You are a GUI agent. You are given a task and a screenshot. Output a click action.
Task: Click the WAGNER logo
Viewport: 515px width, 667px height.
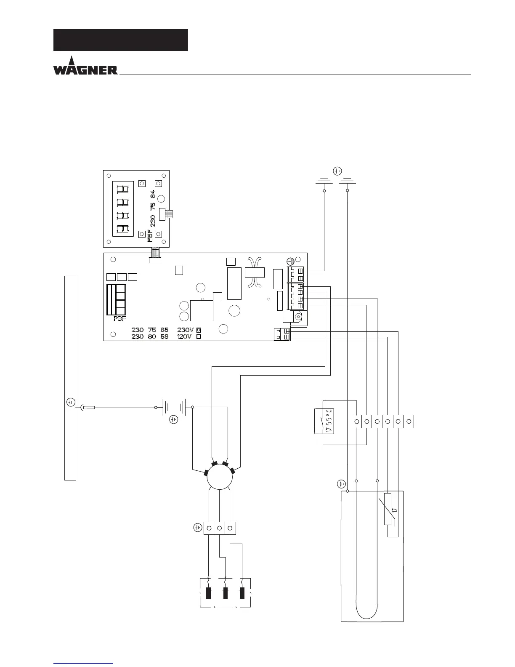pos(85,66)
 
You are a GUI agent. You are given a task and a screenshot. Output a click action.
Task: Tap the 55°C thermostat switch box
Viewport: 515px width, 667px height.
pos(324,421)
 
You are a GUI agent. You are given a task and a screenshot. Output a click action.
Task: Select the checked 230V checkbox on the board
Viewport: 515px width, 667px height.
pos(199,330)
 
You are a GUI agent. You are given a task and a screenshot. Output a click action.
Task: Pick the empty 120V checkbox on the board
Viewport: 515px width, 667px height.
pos(199,337)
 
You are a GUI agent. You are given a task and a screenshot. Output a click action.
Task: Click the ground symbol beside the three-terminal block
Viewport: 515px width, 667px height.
pos(198,527)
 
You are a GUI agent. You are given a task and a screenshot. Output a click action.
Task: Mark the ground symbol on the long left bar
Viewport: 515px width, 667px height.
pos(71,402)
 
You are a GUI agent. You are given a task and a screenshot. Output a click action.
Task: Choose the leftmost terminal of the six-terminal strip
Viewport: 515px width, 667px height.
pos(356,421)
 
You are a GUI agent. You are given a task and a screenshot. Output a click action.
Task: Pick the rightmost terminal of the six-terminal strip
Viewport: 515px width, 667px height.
pos(409,421)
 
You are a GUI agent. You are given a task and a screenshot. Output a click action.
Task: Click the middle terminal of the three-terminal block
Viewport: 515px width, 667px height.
pos(220,528)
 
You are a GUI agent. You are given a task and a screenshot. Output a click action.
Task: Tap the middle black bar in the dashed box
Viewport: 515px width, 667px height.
pos(226,592)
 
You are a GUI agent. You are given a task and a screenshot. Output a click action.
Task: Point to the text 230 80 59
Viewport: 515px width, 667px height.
pos(150,337)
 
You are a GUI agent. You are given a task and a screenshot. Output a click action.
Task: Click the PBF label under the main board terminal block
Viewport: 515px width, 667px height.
pos(120,319)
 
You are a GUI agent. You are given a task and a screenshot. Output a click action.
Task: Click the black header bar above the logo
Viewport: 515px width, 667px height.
pos(120,40)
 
